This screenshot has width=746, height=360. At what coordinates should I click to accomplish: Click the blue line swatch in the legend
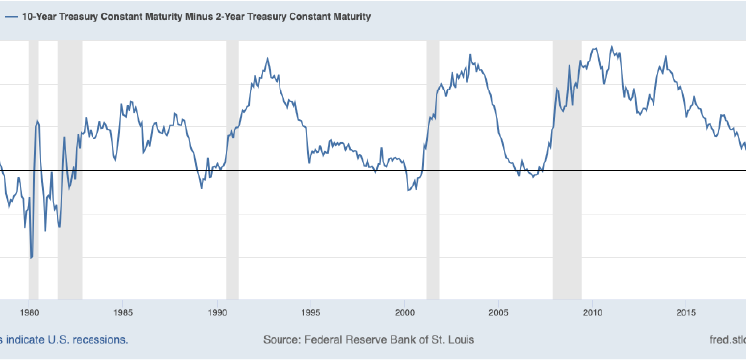tap(7, 17)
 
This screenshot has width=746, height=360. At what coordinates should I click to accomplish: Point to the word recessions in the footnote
tap(98, 340)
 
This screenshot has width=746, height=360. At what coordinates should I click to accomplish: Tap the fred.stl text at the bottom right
tap(723, 340)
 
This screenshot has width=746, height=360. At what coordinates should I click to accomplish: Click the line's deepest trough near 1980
tap(31, 258)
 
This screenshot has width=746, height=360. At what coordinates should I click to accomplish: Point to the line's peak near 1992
tap(266, 59)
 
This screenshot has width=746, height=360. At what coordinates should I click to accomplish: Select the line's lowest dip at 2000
tap(409, 189)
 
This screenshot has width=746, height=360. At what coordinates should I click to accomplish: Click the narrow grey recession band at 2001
tap(432, 169)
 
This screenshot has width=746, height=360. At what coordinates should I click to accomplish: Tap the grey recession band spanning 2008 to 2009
tap(567, 169)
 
